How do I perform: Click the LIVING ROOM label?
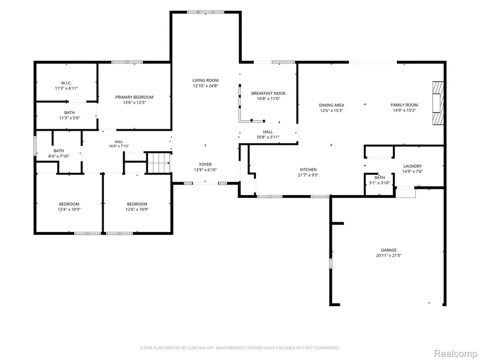coord(205,81)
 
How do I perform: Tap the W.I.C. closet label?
coord(67,83)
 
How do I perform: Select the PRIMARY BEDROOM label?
coord(135,97)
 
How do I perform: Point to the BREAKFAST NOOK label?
coord(269,93)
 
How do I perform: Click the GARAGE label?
coord(389,250)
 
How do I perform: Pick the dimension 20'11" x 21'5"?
coord(389,255)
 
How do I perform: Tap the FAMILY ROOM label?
coord(405,105)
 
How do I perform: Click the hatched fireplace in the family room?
coord(438,103)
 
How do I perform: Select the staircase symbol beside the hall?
coord(159,163)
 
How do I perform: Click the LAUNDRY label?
coord(412,166)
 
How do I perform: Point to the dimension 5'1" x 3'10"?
coord(380,183)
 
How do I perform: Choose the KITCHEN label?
coord(308,170)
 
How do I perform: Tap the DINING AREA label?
coord(331,105)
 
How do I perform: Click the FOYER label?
coord(205,165)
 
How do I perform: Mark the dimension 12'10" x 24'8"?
coord(205,86)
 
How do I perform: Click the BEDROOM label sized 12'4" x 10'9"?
coord(69,204)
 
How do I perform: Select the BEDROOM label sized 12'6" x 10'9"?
coord(137,204)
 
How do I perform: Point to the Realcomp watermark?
coord(456,353)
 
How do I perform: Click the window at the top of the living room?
coord(205,12)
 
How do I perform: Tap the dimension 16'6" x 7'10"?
coord(119,146)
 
